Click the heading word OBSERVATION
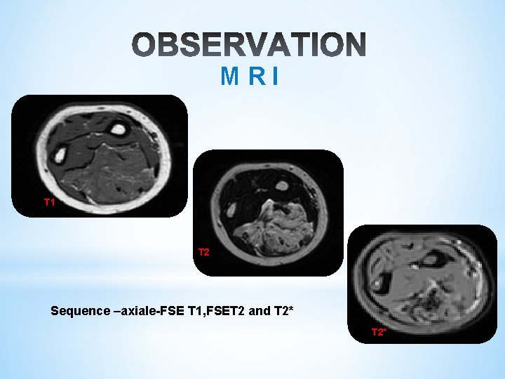click(249, 44)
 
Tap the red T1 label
click(49, 202)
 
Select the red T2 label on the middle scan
click(203, 251)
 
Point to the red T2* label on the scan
click(378, 331)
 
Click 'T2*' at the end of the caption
click(283, 310)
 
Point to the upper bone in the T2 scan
click(282, 186)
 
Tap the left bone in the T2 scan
click(229, 209)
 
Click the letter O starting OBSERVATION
click(147, 44)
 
